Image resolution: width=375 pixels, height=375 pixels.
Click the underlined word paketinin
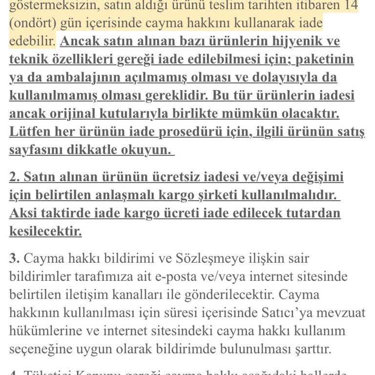(325, 60)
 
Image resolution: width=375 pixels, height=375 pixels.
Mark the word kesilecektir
(45, 231)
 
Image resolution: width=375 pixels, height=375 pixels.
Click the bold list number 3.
(14, 259)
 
